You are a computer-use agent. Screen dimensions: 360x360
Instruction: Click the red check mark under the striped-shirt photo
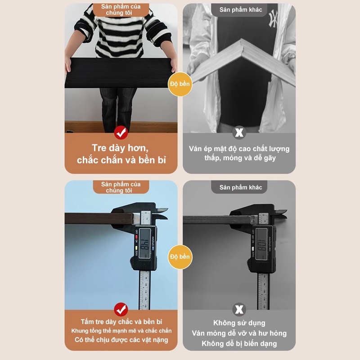tap(121, 132)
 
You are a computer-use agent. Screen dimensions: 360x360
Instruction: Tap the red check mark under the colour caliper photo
tap(121, 309)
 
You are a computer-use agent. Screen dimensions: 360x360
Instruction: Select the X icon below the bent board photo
tap(239, 132)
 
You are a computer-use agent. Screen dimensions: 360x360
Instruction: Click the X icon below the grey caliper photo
tap(239, 309)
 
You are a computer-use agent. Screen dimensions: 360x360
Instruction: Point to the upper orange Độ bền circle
tap(180, 84)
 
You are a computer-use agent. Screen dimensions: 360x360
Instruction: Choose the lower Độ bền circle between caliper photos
tap(180, 256)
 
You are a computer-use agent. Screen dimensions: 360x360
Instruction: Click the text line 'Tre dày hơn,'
tap(121, 148)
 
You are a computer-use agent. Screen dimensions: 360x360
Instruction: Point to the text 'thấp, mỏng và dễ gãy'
tap(239, 157)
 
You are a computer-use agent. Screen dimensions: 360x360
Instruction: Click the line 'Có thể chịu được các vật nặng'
tap(121, 340)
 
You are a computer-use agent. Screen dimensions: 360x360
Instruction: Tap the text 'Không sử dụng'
tap(239, 323)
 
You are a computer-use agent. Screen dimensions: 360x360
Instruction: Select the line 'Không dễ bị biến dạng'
tap(239, 344)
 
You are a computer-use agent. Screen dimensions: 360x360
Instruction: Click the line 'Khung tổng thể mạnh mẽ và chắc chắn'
tap(121, 331)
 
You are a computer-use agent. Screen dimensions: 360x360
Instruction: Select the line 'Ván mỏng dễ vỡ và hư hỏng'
tap(239, 333)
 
